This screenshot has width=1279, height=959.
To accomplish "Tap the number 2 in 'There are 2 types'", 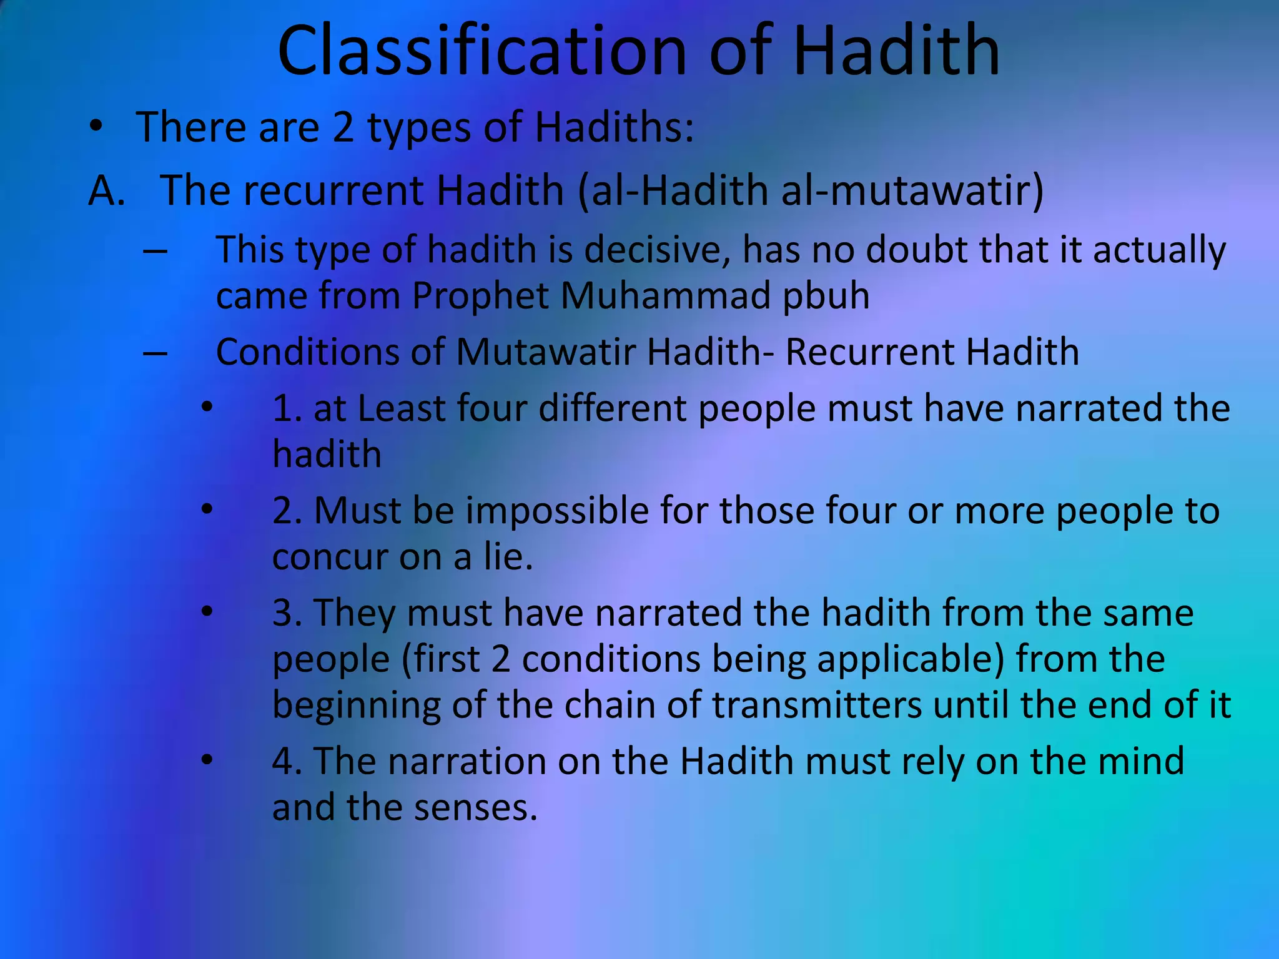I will tap(343, 127).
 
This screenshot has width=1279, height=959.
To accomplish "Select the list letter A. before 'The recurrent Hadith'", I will tap(107, 190).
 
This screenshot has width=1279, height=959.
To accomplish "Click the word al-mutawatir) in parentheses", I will tap(912, 190).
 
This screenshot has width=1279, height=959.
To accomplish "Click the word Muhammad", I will tap(666, 295).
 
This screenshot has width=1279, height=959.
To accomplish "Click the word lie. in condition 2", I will tap(509, 557).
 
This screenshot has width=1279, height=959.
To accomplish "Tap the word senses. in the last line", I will tap(475, 807).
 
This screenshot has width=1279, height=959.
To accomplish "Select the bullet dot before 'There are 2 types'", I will tap(96, 127).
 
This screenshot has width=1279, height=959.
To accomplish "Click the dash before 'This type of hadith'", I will tap(155, 251).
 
